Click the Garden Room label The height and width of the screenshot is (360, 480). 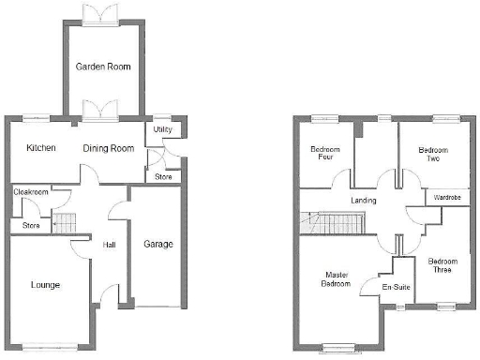coord(103,67)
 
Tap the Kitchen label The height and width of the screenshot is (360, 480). coord(41,148)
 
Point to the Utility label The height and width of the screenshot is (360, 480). coord(163,130)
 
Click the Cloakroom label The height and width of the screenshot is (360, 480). coord(31,192)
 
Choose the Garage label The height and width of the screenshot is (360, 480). coord(157,244)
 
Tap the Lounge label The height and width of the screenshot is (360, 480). coord(46,284)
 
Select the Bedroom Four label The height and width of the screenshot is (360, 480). coord(325,154)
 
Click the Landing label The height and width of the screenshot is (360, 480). coord(362,201)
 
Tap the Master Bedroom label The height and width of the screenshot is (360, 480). coord(337,279)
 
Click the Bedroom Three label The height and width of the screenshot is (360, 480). coord(439,265)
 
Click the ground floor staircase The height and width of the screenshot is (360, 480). coord(62,222)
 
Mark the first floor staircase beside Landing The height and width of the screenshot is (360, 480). coord(330,223)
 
